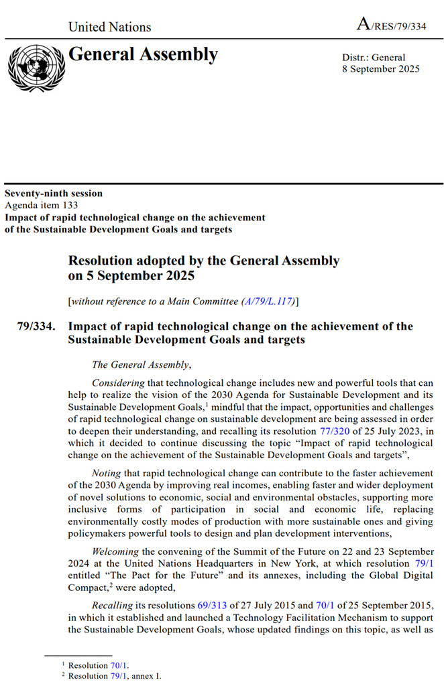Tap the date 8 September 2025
click(x=381, y=69)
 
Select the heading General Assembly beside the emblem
click(x=143, y=55)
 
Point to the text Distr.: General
click(x=374, y=58)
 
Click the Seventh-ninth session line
click(x=54, y=194)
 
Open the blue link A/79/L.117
click(x=268, y=301)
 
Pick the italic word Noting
click(x=106, y=473)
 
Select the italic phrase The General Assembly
click(x=141, y=364)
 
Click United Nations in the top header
click(x=110, y=27)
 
